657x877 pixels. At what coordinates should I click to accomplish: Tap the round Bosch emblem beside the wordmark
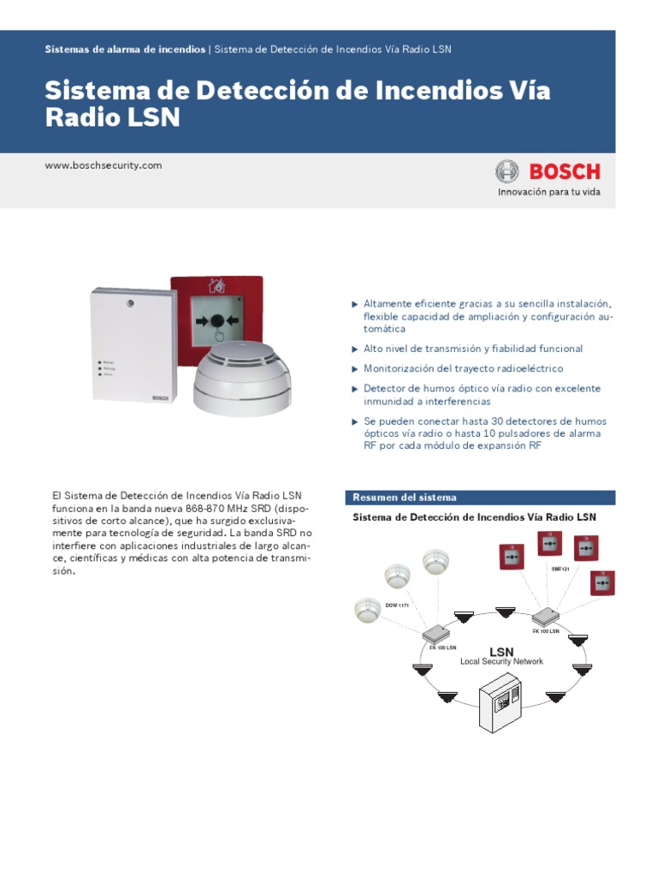tap(506, 171)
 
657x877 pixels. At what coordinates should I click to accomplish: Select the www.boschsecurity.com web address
tap(103, 165)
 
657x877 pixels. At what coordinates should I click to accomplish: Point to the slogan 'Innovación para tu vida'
tap(549, 192)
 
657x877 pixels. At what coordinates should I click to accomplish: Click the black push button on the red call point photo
tap(217, 322)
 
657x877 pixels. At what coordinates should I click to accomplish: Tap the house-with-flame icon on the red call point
tap(217, 286)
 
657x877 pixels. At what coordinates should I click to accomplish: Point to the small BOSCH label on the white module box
tap(162, 398)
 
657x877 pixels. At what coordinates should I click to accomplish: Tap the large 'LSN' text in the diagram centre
tap(501, 652)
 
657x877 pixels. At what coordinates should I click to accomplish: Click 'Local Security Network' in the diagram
tap(501, 662)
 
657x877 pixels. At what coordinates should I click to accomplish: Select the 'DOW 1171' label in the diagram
tap(397, 606)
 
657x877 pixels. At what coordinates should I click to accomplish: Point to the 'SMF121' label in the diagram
tap(561, 569)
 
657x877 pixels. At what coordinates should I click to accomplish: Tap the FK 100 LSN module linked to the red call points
tap(546, 617)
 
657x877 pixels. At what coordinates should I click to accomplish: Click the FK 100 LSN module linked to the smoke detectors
tap(436, 635)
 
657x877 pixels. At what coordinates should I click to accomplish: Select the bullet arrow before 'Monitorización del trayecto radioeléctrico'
tap(355, 369)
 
